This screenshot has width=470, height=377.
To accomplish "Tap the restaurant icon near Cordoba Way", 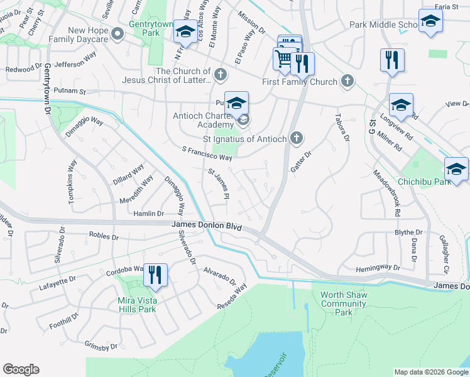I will click(x=155, y=274).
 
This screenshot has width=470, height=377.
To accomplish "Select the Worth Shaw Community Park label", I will click(x=343, y=303).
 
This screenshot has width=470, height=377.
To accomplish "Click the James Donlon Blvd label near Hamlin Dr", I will click(x=206, y=225).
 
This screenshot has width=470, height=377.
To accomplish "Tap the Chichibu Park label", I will click(x=425, y=182).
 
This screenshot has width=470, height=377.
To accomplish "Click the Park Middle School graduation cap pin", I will click(x=430, y=20).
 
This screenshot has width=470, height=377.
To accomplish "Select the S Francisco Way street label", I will click(x=207, y=153).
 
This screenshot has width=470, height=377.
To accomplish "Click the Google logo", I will click(x=21, y=369).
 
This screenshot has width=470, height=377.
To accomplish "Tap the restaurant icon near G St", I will click(x=392, y=60).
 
